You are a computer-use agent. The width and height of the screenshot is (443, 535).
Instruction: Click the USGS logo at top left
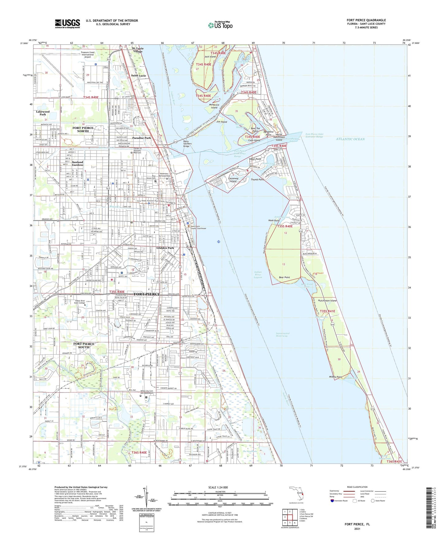(67, 24)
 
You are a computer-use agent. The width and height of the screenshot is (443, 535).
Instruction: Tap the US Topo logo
(220, 25)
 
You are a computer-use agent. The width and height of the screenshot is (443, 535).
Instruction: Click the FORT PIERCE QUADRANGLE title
(366, 20)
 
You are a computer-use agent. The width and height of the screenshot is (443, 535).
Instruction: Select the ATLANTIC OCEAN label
(350, 139)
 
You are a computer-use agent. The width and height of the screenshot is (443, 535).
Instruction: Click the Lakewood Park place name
(43, 113)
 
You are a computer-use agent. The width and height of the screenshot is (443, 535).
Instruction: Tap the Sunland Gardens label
(78, 163)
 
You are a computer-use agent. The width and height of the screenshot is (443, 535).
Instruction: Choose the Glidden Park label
(165, 248)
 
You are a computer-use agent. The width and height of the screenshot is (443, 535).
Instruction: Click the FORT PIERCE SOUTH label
(84, 345)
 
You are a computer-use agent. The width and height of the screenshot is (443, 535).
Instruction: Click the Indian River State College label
(85, 302)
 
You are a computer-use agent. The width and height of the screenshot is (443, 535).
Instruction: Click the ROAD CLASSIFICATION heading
(357, 487)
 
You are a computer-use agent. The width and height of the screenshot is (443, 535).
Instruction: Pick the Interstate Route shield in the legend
(332, 501)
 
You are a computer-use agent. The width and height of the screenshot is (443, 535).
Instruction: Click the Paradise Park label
(141, 138)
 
